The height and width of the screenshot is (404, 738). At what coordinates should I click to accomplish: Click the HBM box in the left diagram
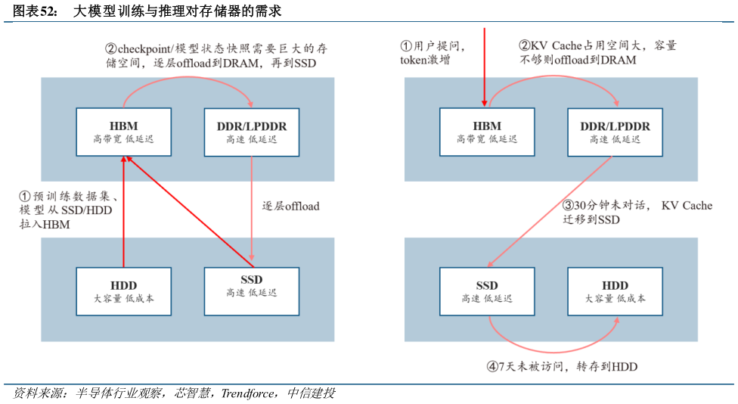click(123, 132)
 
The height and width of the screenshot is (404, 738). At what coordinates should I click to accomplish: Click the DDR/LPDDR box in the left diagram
click(252, 132)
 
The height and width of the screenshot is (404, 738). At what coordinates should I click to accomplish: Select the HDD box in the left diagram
click(123, 291)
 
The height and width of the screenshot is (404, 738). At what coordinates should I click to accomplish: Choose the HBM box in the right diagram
click(487, 132)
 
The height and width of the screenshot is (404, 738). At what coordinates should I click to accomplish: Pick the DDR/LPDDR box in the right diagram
click(615, 132)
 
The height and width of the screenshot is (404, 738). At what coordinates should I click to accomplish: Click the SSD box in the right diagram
click(487, 291)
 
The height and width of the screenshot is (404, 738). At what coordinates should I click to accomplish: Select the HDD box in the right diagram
click(615, 291)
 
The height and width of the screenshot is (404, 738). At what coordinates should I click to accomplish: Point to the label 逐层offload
click(291, 206)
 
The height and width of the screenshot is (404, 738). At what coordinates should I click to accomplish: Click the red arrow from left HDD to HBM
click(123, 212)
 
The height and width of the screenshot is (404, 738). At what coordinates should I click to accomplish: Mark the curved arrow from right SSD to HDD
click(552, 340)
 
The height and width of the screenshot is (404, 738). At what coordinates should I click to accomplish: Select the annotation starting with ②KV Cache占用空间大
click(597, 52)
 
